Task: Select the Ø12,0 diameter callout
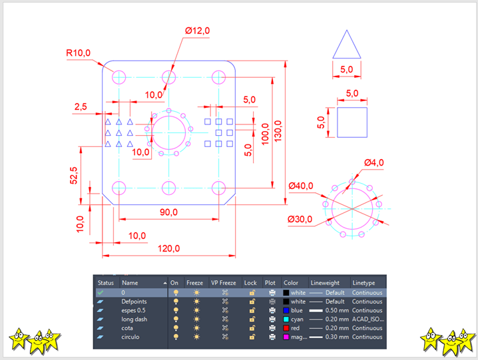click(x=197, y=31)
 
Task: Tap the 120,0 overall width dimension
click(x=168, y=248)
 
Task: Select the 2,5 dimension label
click(x=81, y=106)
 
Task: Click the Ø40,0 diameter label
click(x=300, y=186)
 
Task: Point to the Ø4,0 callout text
click(x=374, y=162)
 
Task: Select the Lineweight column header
click(x=326, y=283)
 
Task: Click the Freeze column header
click(x=194, y=283)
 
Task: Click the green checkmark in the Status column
click(x=100, y=292)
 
